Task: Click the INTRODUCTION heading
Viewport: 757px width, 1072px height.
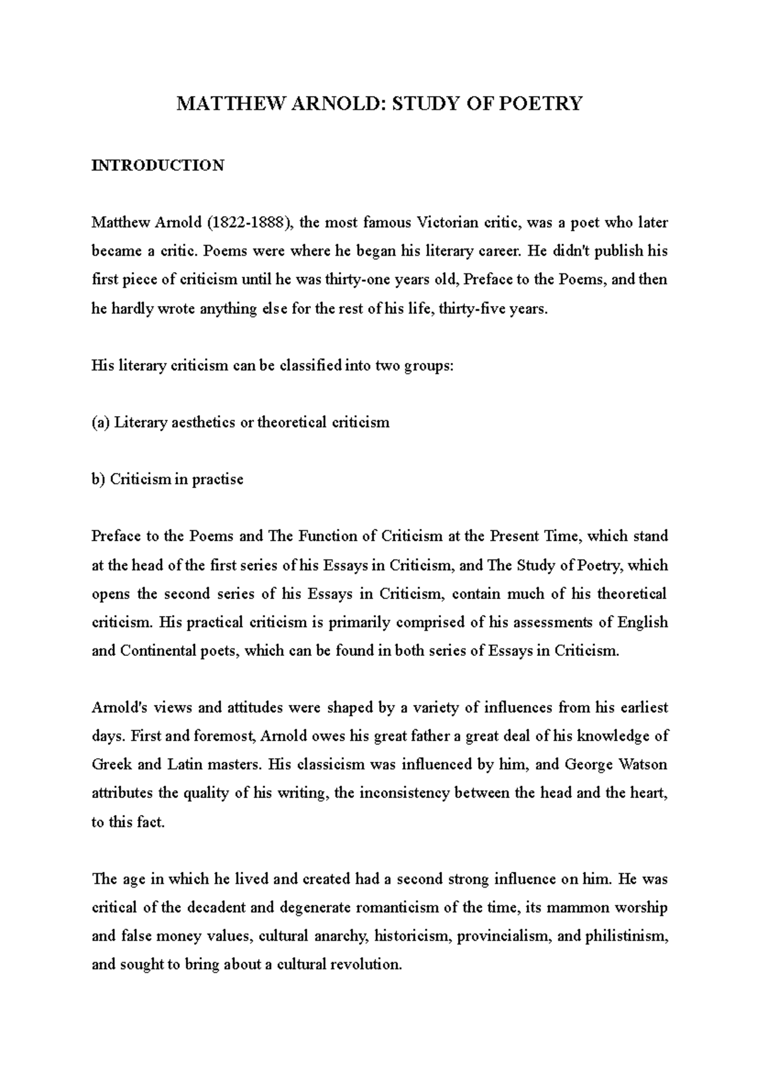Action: click(158, 165)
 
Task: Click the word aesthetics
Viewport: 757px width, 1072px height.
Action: click(204, 422)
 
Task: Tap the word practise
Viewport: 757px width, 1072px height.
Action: click(218, 479)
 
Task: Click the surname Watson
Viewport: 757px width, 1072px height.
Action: click(645, 765)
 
